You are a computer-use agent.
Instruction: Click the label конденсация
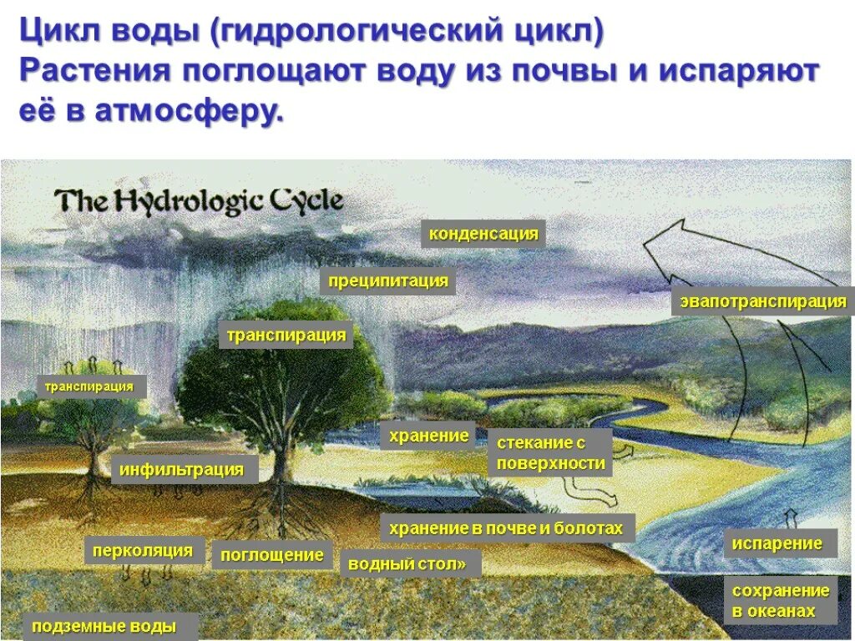[483, 234]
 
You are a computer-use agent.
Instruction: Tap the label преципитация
[387, 281]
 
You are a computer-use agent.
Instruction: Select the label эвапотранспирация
[763, 301]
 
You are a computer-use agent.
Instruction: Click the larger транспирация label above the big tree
[286, 336]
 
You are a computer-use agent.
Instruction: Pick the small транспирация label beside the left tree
[89, 386]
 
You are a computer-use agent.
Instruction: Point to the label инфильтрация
[181, 470]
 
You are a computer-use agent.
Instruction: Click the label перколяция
[142, 551]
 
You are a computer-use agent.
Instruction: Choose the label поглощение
[272, 555]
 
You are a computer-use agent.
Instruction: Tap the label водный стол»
[409, 563]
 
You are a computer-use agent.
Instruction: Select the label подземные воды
[104, 626]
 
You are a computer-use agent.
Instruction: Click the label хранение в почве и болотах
[508, 528]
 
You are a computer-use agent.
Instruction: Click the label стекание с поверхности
[550, 453]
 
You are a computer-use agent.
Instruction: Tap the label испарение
[777, 543]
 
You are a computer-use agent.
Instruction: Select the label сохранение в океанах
[780, 601]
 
